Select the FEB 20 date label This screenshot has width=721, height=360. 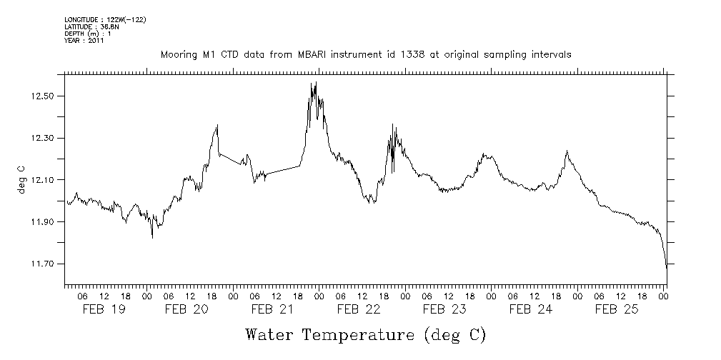[187, 309]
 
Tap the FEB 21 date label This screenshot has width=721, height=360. [272, 309]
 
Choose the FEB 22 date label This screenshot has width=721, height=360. [359, 309]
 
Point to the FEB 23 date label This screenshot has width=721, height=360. [444, 309]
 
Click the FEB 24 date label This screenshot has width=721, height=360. [531, 309]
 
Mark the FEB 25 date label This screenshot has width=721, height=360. [617, 309]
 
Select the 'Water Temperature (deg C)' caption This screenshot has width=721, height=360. [366, 334]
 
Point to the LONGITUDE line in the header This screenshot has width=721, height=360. [105, 19]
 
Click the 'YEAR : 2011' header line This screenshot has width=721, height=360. [84, 41]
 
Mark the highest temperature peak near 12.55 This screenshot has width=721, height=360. [312, 84]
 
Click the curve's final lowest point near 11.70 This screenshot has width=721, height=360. [666, 267]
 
